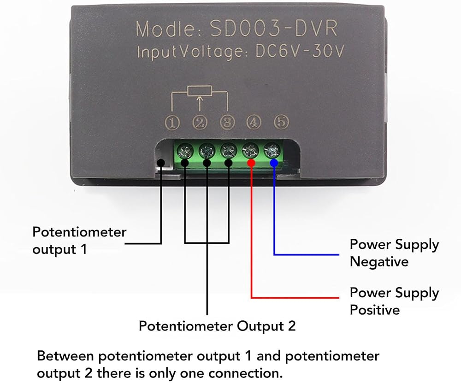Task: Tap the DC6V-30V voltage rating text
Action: (x=299, y=51)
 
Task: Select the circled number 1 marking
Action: (x=172, y=123)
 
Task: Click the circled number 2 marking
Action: (x=200, y=123)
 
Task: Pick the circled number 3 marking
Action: (x=228, y=122)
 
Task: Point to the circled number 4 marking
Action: (x=254, y=122)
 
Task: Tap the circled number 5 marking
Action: (x=281, y=122)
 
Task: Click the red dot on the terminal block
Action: (x=251, y=163)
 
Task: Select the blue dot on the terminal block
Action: (x=274, y=163)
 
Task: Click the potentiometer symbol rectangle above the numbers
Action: (x=200, y=91)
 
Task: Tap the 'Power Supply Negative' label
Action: (x=394, y=253)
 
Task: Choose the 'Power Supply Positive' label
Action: (x=394, y=301)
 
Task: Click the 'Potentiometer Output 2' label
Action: (x=217, y=326)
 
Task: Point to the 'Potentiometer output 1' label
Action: (x=79, y=241)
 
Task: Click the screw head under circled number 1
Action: (x=185, y=151)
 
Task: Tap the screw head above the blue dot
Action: (x=272, y=151)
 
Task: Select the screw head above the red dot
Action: (x=250, y=151)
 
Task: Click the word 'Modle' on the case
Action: (x=165, y=29)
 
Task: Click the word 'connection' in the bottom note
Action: (x=245, y=373)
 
